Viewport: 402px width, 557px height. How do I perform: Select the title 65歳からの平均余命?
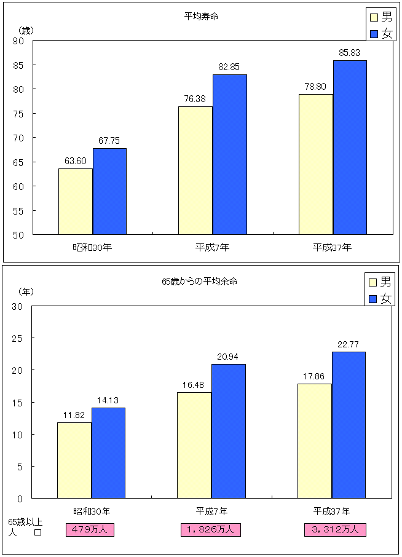click(x=200, y=282)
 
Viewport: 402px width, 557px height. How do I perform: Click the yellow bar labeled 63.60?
click(x=76, y=201)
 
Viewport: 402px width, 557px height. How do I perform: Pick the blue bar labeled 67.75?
click(x=109, y=191)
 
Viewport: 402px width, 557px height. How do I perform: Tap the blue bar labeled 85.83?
click(x=350, y=147)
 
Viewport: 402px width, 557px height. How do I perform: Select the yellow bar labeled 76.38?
click(x=195, y=170)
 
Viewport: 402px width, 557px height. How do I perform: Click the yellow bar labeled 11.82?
click(x=74, y=460)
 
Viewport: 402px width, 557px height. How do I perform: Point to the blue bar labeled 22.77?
click(x=349, y=425)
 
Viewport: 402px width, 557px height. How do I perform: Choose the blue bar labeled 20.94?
click(x=228, y=431)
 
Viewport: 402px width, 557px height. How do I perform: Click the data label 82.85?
click(x=229, y=66)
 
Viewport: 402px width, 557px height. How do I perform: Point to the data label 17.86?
click(x=314, y=376)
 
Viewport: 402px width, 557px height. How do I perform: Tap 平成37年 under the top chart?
click(x=332, y=247)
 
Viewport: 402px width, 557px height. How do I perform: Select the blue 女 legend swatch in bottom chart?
click(x=372, y=298)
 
